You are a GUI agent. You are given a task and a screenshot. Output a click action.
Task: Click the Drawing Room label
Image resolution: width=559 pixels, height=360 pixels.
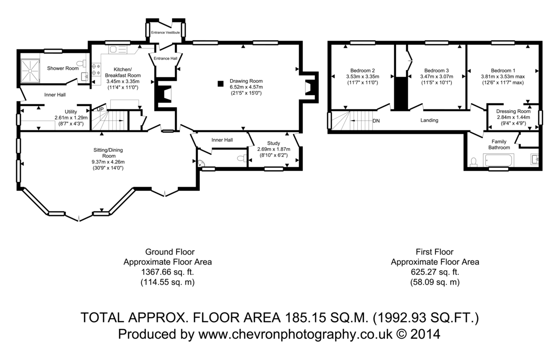pyautogui.click(x=246, y=81)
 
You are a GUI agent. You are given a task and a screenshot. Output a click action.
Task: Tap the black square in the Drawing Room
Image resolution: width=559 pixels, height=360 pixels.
pyautogui.click(x=220, y=83)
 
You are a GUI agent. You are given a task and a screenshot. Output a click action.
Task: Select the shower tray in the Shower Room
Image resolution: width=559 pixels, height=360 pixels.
pyautogui.click(x=30, y=71)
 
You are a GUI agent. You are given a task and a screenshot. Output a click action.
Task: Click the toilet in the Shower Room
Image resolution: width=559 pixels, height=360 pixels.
pyautogui.click(x=81, y=63)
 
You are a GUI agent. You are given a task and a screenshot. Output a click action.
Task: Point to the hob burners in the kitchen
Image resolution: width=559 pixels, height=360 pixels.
pyautogui.click(x=96, y=69)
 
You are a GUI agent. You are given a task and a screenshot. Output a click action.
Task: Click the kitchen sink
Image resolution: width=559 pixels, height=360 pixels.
pyautogui.click(x=117, y=49)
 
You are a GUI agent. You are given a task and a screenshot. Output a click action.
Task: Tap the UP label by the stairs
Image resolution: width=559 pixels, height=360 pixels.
pyautogui.click(x=100, y=109)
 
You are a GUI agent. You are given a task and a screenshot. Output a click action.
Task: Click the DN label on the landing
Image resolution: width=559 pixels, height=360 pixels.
pyautogui.click(x=376, y=121)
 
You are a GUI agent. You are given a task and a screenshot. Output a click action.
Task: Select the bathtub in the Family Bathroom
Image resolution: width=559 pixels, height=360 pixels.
pyautogui.click(x=498, y=160)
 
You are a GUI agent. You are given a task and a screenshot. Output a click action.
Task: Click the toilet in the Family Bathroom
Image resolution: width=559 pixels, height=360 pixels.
pyautogui.click(x=473, y=162)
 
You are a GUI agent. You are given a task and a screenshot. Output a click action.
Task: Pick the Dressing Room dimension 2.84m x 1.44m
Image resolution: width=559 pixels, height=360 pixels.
pyautogui.click(x=513, y=117)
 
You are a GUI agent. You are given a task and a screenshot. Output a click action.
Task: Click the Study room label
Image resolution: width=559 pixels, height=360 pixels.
pyautogui.click(x=273, y=143)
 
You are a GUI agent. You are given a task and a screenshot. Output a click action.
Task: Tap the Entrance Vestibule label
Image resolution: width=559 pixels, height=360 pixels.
pyautogui.click(x=165, y=33)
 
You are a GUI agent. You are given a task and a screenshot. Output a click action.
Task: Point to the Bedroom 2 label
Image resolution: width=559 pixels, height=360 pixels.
pyautogui.click(x=362, y=71)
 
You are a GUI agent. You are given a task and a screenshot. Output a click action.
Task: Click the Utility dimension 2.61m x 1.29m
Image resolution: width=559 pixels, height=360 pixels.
pyautogui.click(x=71, y=117)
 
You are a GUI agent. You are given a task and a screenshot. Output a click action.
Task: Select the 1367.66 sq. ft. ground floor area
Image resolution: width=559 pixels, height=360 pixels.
pyautogui.click(x=167, y=272)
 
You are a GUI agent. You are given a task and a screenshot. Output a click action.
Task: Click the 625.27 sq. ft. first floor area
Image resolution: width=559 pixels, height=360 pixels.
pyautogui.click(x=435, y=272)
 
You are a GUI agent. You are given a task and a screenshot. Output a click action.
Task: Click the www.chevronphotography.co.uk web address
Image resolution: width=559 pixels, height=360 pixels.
pyautogui.click(x=295, y=334)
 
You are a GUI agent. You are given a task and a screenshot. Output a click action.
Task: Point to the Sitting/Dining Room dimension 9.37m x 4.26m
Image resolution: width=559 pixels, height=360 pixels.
pyautogui.click(x=108, y=162)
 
